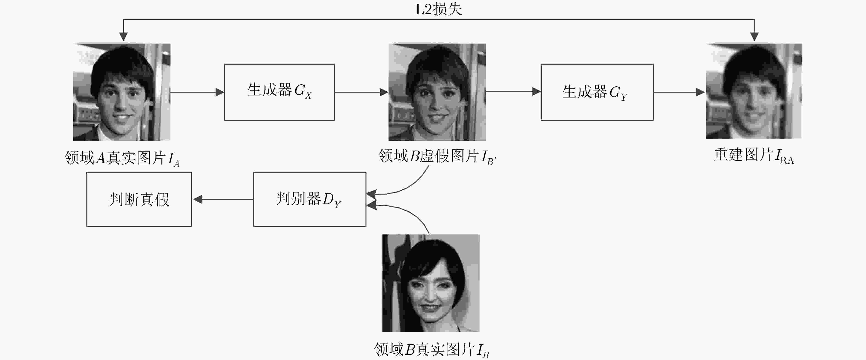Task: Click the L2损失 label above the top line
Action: (x=438, y=9)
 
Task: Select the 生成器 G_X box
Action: (x=279, y=92)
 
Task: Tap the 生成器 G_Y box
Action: (x=597, y=92)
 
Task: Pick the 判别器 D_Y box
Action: (x=310, y=199)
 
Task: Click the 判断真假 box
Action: (x=139, y=199)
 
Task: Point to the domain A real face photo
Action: (x=122, y=92)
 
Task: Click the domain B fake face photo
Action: (x=437, y=92)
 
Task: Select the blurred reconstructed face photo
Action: (x=753, y=91)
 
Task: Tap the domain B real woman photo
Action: (x=431, y=283)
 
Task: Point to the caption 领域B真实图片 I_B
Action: (x=431, y=350)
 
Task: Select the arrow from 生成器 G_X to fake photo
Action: (x=361, y=92)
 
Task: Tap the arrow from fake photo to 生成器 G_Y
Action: (x=513, y=91)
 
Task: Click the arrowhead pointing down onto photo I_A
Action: (x=123, y=36)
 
